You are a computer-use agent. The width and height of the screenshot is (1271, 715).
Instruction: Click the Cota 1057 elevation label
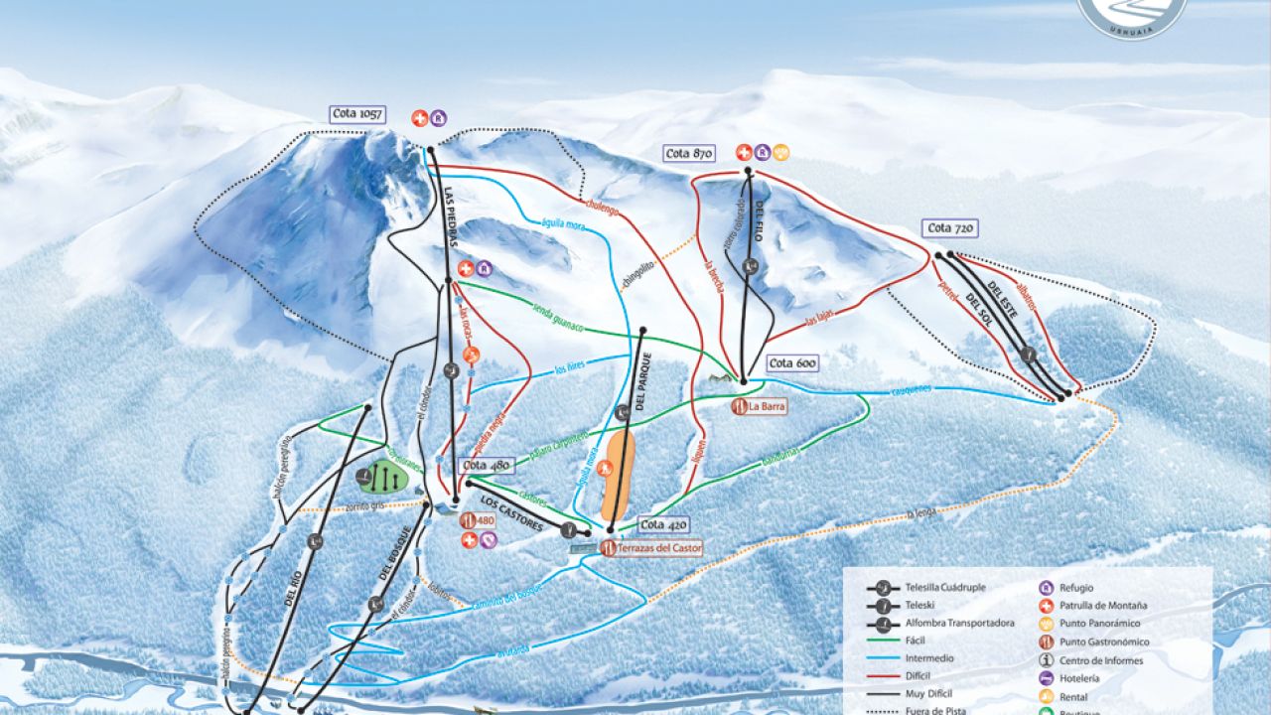[x=358, y=114]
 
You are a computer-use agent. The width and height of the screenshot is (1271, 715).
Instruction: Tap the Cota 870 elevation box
[x=690, y=154]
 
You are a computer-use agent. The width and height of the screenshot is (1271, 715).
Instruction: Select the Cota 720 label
[x=951, y=228]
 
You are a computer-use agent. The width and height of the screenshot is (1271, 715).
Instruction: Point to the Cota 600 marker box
[x=792, y=364]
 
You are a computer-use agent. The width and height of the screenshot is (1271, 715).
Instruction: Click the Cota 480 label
[x=487, y=466]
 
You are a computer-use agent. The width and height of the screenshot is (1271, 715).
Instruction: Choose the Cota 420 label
[x=663, y=525]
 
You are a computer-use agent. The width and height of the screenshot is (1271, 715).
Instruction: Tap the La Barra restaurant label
[x=760, y=406]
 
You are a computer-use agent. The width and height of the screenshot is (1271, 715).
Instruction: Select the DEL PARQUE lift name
[x=641, y=382]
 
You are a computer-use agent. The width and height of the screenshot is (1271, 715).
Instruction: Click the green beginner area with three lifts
[x=382, y=479]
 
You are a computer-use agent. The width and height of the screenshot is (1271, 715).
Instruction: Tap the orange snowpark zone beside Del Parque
[x=619, y=475]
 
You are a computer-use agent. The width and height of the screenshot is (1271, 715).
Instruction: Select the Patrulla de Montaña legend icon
[x=1046, y=605]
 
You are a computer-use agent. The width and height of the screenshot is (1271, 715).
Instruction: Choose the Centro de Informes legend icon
[x=1046, y=660]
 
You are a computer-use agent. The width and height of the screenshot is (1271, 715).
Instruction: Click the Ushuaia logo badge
[x=1132, y=15]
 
